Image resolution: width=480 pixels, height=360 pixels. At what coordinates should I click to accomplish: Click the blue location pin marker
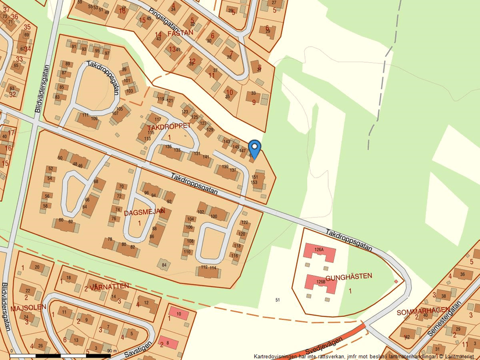pyautogui.click(x=254, y=148)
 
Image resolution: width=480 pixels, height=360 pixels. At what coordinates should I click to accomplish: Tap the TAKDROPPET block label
pyautogui.click(x=169, y=126)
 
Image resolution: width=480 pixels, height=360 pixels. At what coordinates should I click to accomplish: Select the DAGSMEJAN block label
pyautogui.click(x=145, y=213)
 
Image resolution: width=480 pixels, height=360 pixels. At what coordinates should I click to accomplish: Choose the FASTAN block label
pyautogui.click(x=180, y=33)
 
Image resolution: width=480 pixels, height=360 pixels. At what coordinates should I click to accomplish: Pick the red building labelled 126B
pyautogui.click(x=320, y=283)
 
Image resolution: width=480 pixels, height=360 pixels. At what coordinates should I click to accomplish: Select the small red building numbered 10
pyautogui.click(x=179, y=314)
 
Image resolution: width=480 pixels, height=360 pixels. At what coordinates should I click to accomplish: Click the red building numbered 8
pyautogui.click(x=168, y=343)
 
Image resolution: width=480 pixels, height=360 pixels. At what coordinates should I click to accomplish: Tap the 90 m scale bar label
pyautogui.click(x=112, y=352)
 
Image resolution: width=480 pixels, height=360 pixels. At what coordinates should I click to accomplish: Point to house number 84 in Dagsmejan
pyautogui.click(x=165, y=265)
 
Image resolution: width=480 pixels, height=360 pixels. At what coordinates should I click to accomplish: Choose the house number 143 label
pyautogui.click(x=226, y=141)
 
